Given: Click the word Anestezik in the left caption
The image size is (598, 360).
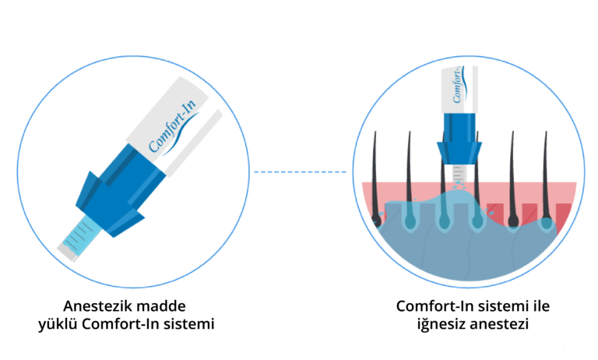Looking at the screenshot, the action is pyautogui.click(x=97, y=306).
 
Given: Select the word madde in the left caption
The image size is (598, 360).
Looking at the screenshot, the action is pyautogui.click(x=161, y=306).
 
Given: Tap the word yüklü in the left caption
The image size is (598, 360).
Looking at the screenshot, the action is pyautogui.click(x=58, y=324).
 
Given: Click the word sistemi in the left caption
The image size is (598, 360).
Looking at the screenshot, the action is pyautogui.click(x=188, y=324).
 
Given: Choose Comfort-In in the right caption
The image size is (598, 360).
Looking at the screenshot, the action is pyautogui.click(x=434, y=306).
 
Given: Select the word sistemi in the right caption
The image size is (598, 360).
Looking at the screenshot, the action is pyautogui.click(x=503, y=306).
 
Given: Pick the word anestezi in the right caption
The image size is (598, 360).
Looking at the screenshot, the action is pyautogui.click(x=499, y=324).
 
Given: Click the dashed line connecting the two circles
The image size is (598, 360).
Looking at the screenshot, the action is pyautogui.click(x=301, y=171).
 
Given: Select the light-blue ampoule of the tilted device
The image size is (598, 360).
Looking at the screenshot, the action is pyautogui.click(x=81, y=236).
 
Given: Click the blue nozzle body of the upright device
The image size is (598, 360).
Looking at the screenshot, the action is pyautogui.click(x=459, y=139).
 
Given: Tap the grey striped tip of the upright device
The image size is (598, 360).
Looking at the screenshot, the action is pyautogui.click(x=459, y=174).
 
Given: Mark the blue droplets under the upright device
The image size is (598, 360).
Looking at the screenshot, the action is pyautogui.click(x=459, y=186).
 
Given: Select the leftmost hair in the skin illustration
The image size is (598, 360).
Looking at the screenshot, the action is pyautogui.click(x=375, y=179).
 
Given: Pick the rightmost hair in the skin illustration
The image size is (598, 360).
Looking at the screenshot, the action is pyautogui.click(x=546, y=179).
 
